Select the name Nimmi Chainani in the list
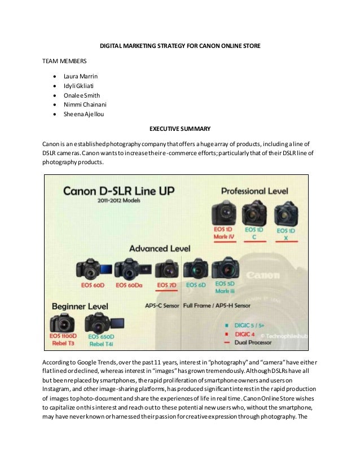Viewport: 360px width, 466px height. [x=88, y=104]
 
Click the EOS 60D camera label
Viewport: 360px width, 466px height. [x=91, y=285]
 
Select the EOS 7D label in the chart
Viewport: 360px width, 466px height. [x=166, y=285]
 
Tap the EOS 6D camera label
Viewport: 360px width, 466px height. [x=196, y=285]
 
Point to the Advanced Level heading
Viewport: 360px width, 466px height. [x=160, y=248]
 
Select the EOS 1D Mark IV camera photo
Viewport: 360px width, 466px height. [x=223, y=213]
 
